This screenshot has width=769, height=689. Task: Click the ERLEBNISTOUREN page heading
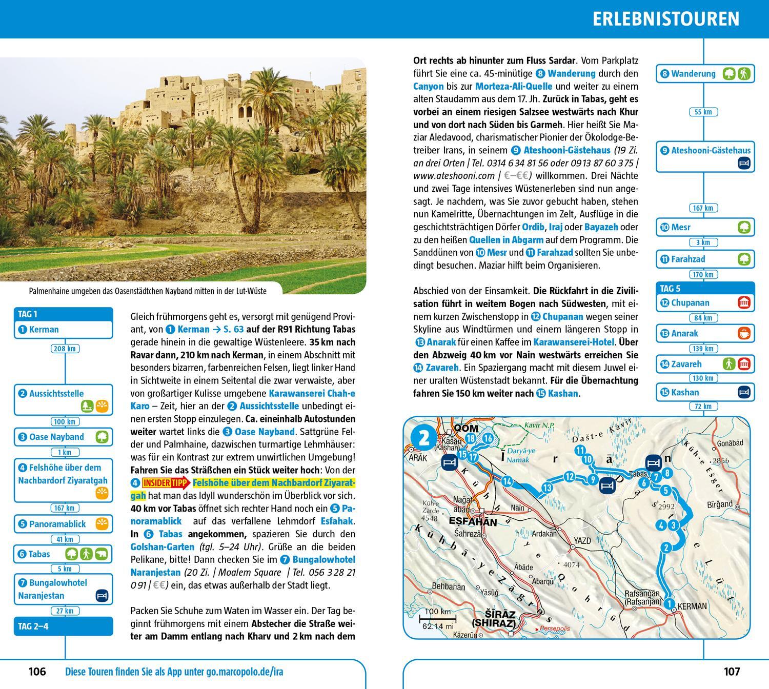(x=666, y=18)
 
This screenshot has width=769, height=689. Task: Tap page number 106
(x=37, y=671)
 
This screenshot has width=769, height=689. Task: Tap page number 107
(x=732, y=671)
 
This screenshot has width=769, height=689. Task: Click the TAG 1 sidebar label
(x=28, y=314)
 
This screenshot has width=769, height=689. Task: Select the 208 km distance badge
(x=65, y=349)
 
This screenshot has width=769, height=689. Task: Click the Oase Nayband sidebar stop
(x=56, y=437)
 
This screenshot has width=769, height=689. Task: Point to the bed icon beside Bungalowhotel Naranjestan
(x=102, y=596)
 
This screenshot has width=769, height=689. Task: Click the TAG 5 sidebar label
(x=670, y=289)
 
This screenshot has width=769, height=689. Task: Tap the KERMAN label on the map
(x=692, y=606)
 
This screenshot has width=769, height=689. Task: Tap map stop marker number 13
(x=548, y=488)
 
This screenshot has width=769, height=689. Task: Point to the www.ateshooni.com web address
(x=447, y=176)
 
